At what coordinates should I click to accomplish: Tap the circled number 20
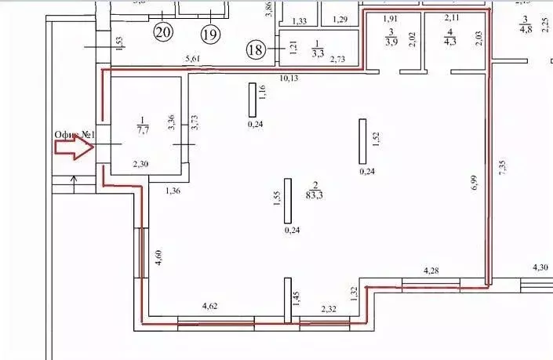point(162,33)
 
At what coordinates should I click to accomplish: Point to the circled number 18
point(256,49)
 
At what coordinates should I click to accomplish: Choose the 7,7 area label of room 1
point(144,129)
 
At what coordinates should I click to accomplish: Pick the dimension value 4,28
point(431,271)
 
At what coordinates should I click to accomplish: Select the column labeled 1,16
point(253,99)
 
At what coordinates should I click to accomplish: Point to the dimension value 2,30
point(140,164)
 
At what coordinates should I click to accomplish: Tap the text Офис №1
point(74,134)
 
